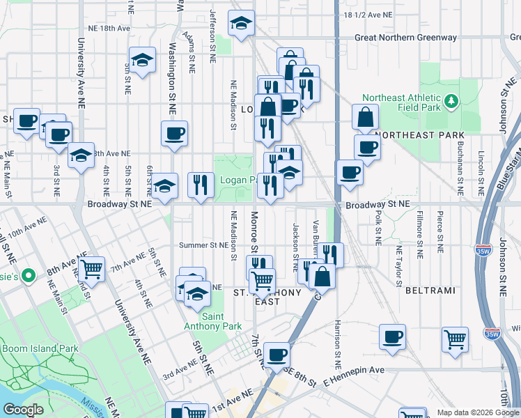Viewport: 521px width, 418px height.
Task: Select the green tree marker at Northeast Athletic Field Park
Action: [451, 102]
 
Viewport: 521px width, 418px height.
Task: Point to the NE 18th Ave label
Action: [109, 29]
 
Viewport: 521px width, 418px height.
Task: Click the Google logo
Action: [23, 410]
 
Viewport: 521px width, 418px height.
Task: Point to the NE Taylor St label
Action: [400, 265]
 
